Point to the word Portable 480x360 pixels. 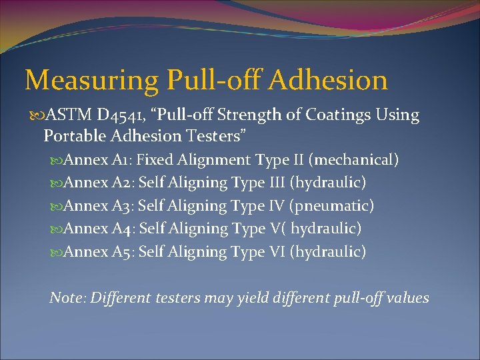coord(75,136)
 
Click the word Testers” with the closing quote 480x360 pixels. coord(219,136)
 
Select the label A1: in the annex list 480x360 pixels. coord(121,160)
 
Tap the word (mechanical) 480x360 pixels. coord(355,160)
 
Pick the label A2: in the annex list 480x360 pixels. coord(122,183)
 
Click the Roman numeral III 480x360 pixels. coord(275,183)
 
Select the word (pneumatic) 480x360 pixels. coord(331,206)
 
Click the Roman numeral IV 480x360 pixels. coord(273,206)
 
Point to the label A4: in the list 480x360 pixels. coord(122,229)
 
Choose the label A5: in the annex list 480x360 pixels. coord(122,251)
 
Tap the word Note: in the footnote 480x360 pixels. coord(67,298)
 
